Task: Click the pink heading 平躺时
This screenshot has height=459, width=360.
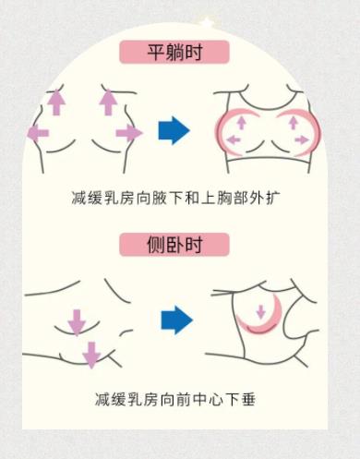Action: [174, 52]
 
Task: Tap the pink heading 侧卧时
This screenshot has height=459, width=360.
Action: [174, 246]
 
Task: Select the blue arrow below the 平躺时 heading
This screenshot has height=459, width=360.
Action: [174, 131]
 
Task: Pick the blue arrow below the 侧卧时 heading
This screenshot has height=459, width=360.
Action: [175, 320]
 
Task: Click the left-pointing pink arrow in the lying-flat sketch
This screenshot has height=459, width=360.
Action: [39, 134]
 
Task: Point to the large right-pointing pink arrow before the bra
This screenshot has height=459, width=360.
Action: [128, 134]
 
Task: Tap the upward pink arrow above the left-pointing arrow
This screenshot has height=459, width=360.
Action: [55, 101]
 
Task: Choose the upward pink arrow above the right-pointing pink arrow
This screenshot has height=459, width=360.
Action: [108, 101]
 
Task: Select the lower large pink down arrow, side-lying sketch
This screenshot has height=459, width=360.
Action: [90, 353]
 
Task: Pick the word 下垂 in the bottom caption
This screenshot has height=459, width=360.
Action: [242, 399]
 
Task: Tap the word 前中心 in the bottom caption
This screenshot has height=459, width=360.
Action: [198, 399]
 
